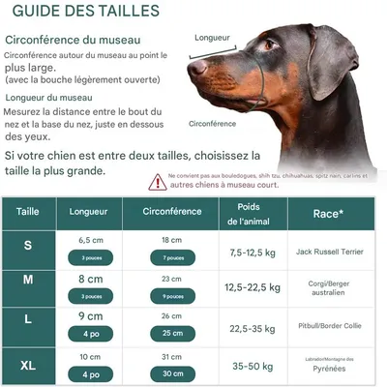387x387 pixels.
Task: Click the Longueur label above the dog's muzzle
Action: pos(212,38)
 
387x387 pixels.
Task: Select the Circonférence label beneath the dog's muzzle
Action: pos(212,124)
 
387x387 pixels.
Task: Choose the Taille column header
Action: pos(28,210)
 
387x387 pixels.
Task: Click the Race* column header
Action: pos(330,212)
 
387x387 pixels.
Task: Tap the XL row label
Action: pos(28,366)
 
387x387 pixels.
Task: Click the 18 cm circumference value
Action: pos(171,239)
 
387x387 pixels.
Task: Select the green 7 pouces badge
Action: pos(171,258)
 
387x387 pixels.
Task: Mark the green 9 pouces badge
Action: pos(171,296)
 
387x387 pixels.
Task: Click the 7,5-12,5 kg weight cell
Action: pos(250,252)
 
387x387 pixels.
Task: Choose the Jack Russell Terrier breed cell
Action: pos(330,252)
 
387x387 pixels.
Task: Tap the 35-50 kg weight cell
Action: pos(250,367)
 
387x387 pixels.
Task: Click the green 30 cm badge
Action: pos(171,374)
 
